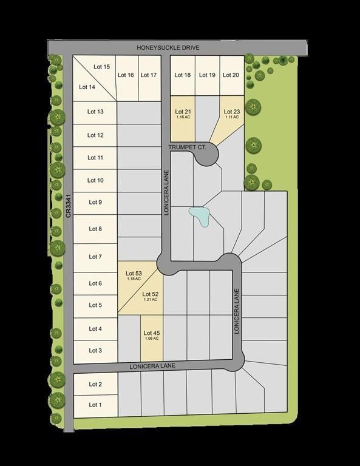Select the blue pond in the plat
tap(199, 216)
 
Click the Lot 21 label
tap(183, 112)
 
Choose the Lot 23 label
tap(232, 112)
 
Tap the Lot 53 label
tap(134, 274)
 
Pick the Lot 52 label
tap(151, 294)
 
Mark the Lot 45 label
tap(152, 333)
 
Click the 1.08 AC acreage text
tap(152, 339)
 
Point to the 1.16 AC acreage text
tap(183, 117)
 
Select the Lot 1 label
tap(95, 405)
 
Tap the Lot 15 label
tap(102, 67)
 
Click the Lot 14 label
tap(87, 87)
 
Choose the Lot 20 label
tap(231, 75)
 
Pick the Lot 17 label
tap(149, 75)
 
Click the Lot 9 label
tap(95, 203)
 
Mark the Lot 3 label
tap(95, 351)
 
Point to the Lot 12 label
tap(95, 135)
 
